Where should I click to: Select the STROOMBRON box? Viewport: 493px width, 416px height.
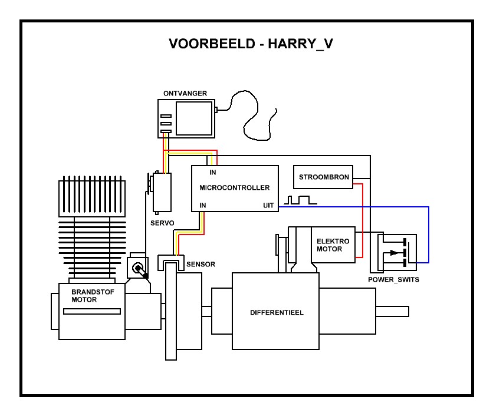pos(324,177)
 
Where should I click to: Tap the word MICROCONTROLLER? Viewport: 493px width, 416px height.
pos(235,188)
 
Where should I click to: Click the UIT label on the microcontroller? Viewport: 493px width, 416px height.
pos(268,205)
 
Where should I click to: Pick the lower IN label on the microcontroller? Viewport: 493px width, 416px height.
pos(203,205)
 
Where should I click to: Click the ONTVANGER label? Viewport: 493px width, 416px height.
pos(185,94)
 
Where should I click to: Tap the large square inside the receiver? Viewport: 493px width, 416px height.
pos(194,118)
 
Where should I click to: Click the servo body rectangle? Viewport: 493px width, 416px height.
pos(162,192)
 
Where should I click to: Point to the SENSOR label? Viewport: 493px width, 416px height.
pos(201,265)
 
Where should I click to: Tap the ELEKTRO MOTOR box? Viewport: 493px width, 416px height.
pos(333,245)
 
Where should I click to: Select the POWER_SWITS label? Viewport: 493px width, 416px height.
pos(393,279)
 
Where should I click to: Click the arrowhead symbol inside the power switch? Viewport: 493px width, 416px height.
pos(393,253)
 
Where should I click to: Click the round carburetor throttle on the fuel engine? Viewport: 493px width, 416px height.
pos(138,268)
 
